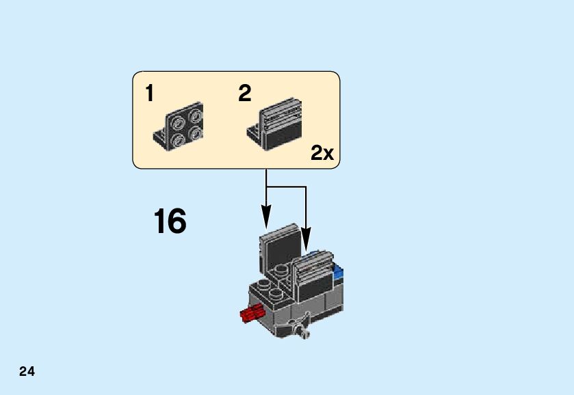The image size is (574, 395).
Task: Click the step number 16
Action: [170, 222]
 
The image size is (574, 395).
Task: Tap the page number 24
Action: [27, 372]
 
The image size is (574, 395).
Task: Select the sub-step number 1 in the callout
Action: [150, 94]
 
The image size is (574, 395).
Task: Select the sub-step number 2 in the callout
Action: [245, 94]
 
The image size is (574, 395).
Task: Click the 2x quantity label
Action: [322, 153]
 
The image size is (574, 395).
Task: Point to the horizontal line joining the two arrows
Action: [285, 186]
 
